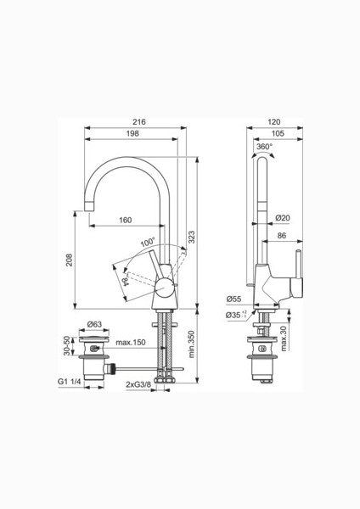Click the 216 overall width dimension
tap(139, 121)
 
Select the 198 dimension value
tap(132, 133)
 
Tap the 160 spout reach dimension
tap(126, 220)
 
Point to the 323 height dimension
tap(191, 238)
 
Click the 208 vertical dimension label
tap(70, 260)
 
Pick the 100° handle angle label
tap(148, 242)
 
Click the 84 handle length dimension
tap(126, 281)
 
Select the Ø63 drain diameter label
tap(94, 324)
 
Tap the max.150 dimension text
tap(131, 342)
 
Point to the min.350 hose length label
tap(191, 344)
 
